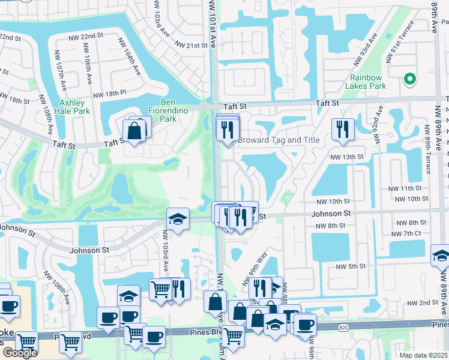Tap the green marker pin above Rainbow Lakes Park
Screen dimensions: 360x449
coord(410,79)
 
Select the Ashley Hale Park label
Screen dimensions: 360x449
coord(72,107)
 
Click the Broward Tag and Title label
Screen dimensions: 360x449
coord(278,140)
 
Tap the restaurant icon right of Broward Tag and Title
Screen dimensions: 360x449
coord(342,129)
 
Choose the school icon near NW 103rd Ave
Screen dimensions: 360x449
coord(178,219)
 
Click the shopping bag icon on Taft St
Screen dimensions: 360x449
coord(134,130)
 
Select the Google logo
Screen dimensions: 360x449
coord(19,353)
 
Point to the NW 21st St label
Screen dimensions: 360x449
coord(191,45)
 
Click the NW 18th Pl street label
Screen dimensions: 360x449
coord(109,94)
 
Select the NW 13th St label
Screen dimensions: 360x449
coord(347,157)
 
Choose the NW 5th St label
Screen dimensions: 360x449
coord(351,266)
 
